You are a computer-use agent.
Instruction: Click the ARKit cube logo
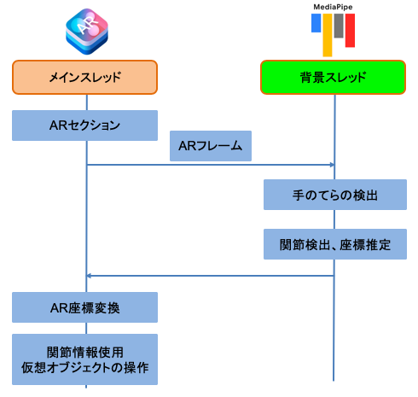click(87, 32)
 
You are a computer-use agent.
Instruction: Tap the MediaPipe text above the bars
click(333, 7)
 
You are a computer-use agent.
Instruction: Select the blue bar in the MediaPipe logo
click(316, 23)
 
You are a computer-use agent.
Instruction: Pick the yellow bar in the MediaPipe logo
click(328, 35)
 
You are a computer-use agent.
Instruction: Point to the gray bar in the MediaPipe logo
click(339, 26)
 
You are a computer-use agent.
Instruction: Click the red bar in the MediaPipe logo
click(350, 30)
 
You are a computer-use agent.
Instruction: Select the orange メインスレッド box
click(84, 77)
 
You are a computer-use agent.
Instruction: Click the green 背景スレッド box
click(333, 77)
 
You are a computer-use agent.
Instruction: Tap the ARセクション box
click(84, 126)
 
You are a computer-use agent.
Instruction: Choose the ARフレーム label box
click(211, 146)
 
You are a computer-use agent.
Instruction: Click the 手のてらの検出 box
click(335, 195)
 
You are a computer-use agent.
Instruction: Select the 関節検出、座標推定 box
click(335, 244)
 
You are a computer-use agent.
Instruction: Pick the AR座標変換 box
click(84, 307)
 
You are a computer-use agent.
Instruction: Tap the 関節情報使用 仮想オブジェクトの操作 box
click(84, 359)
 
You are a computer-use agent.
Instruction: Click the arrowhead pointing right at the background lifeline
click(332, 165)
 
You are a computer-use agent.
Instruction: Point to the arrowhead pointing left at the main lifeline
click(89, 276)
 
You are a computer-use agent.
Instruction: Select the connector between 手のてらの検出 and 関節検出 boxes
click(334, 219)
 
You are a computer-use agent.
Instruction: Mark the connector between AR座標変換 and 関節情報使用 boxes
click(86, 329)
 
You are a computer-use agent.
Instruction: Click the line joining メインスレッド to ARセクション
click(87, 102)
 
